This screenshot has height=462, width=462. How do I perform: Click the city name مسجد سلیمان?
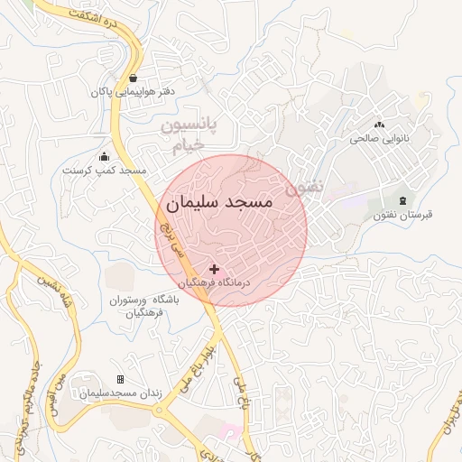click(219, 204)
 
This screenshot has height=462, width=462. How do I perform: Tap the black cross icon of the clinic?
click(214, 269)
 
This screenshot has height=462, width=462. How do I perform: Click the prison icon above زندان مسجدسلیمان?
click(121, 380)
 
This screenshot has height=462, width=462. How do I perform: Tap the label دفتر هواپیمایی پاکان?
click(133, 92)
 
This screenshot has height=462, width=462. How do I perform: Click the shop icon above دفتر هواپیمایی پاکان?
click(134, 78)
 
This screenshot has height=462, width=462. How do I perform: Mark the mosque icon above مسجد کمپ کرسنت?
click(104, 155)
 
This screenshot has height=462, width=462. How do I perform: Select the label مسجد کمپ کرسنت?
click(104, 170)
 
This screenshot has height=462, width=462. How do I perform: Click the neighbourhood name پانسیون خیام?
click(191, 134)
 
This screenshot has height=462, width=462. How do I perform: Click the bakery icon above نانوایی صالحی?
click(379, 125)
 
